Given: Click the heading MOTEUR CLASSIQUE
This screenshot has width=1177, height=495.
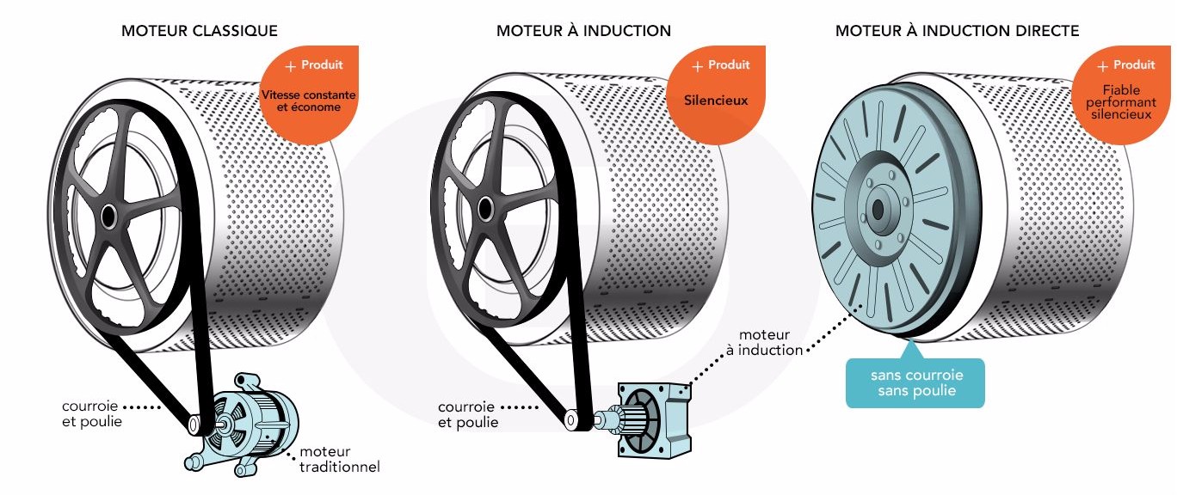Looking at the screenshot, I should [200, 31].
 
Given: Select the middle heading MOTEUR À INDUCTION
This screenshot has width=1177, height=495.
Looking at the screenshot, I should [583, 31].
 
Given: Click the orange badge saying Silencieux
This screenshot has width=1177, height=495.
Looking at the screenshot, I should [716, 101].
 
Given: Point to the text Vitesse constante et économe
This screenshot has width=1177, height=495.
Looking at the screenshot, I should [308, 101].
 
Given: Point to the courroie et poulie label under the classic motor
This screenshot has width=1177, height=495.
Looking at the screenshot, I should [92, 413].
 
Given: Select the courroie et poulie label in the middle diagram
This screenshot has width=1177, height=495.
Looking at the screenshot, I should [468, 414].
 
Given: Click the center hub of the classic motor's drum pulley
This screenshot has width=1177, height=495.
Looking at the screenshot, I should [109, 216].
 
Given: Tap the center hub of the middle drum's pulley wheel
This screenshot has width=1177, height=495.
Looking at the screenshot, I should [485, 209].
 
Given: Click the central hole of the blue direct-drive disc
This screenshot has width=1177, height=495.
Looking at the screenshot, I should [879, 209].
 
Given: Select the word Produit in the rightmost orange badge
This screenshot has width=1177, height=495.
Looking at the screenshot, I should [1134, 65].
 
